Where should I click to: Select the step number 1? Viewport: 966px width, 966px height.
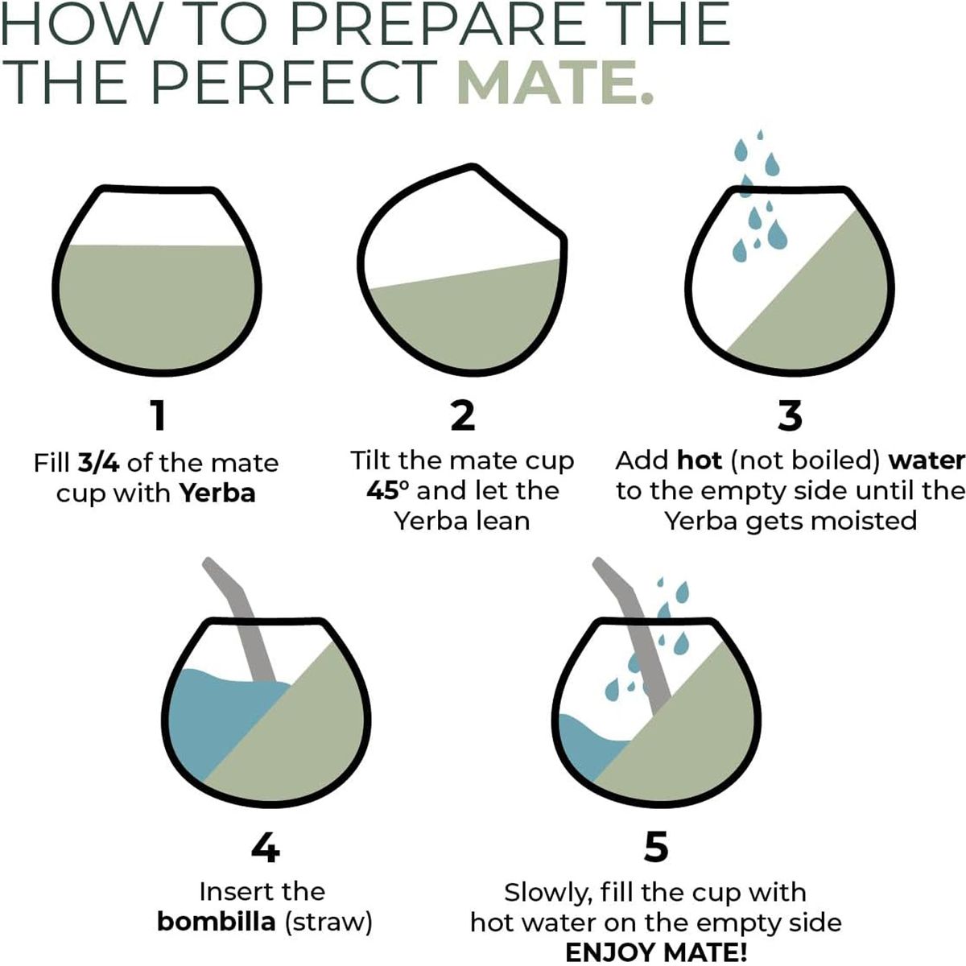[159, 415]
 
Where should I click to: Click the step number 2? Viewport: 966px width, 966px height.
[462, 415]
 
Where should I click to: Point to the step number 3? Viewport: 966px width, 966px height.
[790, 415]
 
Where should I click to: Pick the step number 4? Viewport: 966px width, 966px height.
[265, 847]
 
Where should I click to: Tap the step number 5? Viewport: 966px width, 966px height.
[656, 847]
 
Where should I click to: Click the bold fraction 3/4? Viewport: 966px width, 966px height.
[98, 462]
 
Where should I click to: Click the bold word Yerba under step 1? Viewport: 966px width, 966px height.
[217, 493]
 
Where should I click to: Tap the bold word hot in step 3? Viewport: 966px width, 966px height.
[700, 460]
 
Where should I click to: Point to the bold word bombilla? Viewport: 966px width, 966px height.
[217, 922]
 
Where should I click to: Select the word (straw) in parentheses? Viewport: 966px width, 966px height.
[329, 923]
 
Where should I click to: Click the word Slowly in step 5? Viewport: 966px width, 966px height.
[545, 894]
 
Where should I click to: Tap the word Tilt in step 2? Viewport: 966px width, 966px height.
[369, 460]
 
